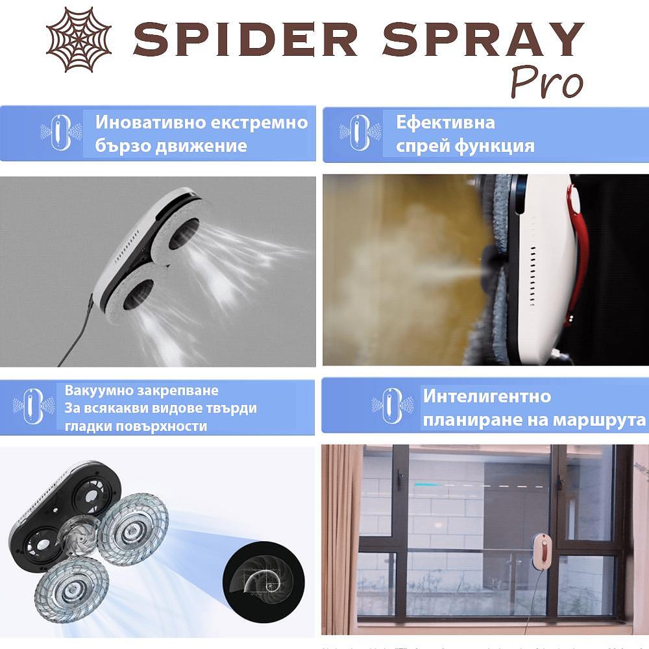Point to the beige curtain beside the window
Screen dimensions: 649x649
pyautogui.click(x=341, y=539)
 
